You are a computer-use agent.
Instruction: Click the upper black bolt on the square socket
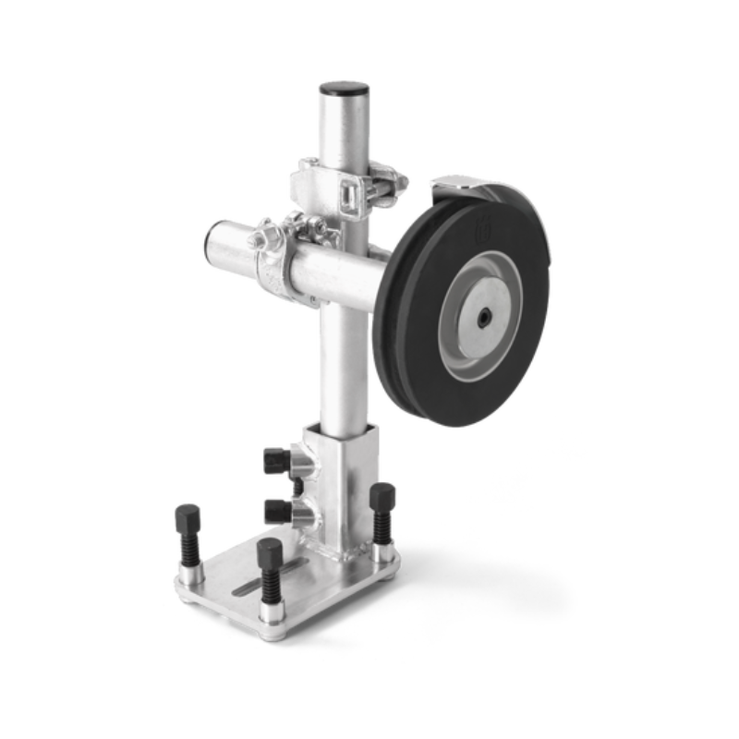(276, 459)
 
